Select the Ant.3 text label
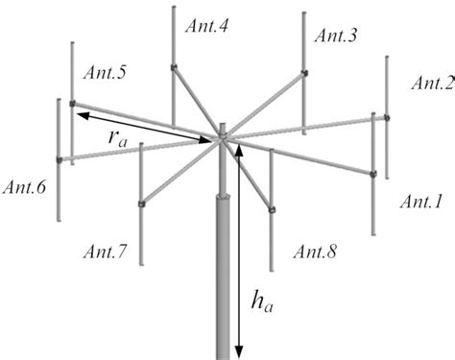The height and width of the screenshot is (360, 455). pos(336,36)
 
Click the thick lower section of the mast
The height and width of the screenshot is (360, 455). pos(223,278)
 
